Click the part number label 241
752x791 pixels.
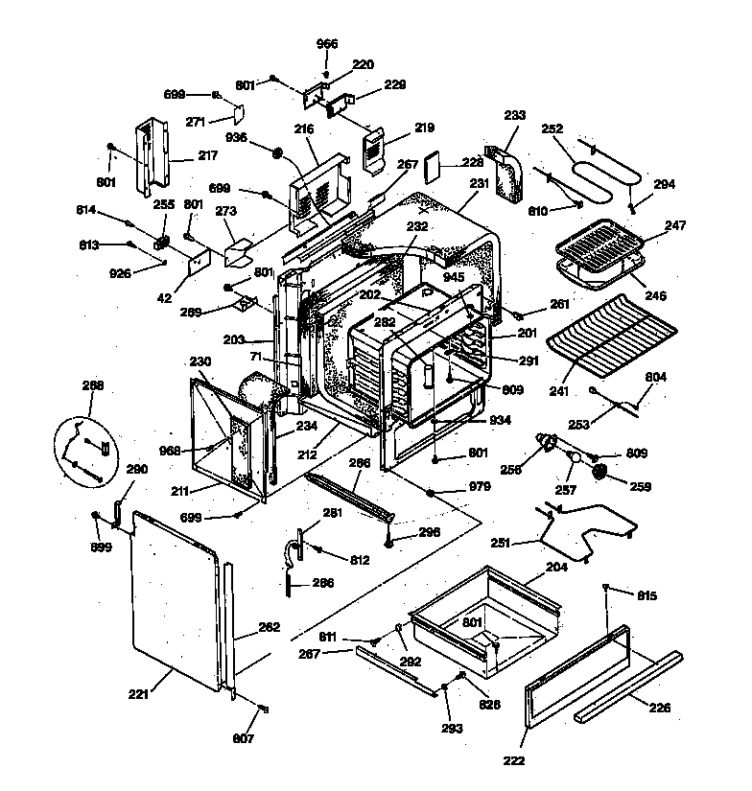(557, 391)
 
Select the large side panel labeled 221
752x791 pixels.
(178, 596)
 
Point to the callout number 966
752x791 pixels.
(326, 44)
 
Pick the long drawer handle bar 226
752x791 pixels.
(628, 687)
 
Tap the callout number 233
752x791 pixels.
(514, 115)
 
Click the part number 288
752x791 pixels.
(93, 385)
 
